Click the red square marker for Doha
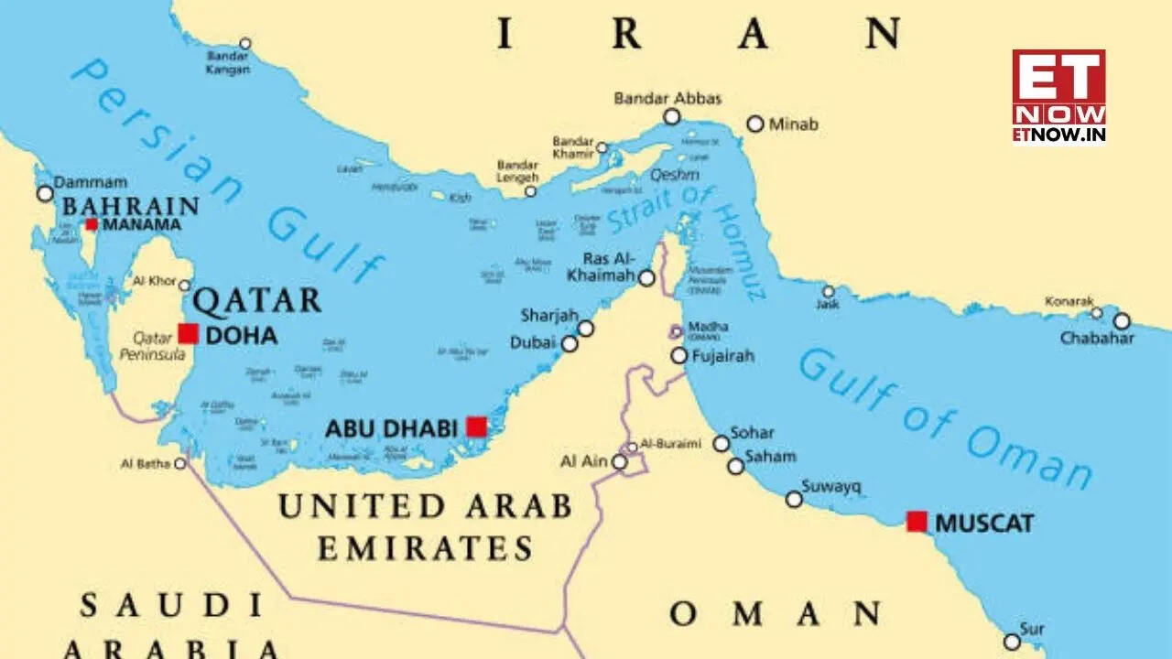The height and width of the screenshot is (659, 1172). [188, 333]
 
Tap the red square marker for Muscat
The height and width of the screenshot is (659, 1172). [917, 522]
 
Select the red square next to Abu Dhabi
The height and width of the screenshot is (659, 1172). [476, 427]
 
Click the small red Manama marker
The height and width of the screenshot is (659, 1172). [92, 224]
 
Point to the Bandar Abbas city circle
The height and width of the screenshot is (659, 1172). [672, 116]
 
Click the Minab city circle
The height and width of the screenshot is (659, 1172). [755, 124]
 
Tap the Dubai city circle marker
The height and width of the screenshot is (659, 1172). [570, 343]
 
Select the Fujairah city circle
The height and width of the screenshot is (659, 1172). [678, 355]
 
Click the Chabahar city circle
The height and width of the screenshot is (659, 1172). [1122, 320]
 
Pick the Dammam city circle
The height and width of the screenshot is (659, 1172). [45, 193]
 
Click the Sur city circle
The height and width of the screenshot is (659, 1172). [1012, 642]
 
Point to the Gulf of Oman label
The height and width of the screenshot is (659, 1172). [943, 419]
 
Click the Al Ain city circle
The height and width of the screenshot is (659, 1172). [620, 462]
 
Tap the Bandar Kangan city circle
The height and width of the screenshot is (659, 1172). [244, 43]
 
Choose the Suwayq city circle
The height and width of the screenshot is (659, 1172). [794, 499]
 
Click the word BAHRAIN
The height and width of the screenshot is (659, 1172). [130, 206]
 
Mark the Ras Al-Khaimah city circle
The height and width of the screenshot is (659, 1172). [646, 277]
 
